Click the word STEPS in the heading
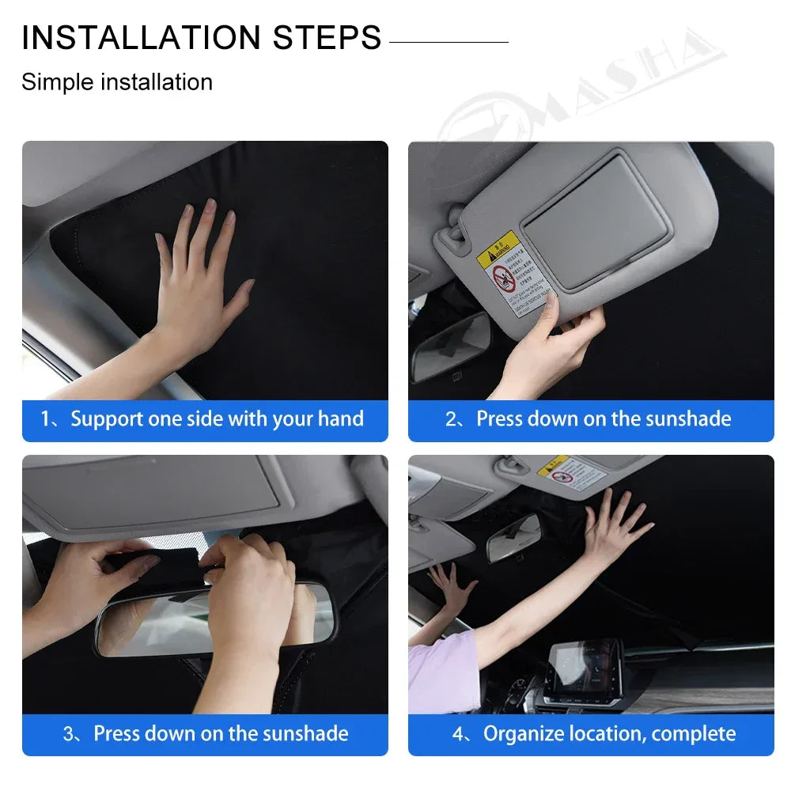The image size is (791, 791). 327,38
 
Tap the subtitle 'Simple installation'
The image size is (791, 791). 117,82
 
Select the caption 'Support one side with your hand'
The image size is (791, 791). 217,419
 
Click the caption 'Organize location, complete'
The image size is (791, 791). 609,733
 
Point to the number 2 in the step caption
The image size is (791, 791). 451,419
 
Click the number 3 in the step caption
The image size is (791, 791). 68,733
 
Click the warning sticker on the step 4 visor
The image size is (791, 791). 572,472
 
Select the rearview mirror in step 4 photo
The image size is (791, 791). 513,538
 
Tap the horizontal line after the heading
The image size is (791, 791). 448,42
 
